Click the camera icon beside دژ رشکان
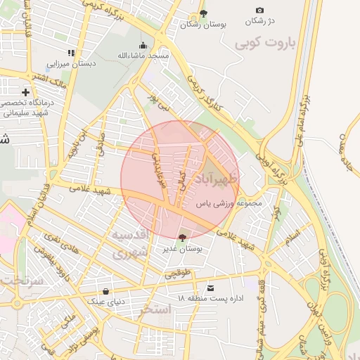pyautogui.click(x=259, y=11)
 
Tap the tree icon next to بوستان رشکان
pyautogui.click(x=203, y=13)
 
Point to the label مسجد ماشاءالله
pyautogui.click(x=143, y=55)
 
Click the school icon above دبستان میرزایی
pyautogui.click(x=71, y=53)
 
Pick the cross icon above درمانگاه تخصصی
pyautogui.click(x=25, y=92)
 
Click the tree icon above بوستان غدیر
pyautogui.click(x=183, y=238)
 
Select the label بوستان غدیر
pyautogui.click(x=183, y=248)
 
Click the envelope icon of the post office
pyautogui.click(x=210, y=288)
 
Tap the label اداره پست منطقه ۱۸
pyautogui.click(x=210, y=299)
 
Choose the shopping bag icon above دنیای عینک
pyautogui.click(x=105, y=291)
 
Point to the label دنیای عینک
pyautogui.click(x=105, y=301)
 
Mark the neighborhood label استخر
pyautogui.click(x=155, y=309)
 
